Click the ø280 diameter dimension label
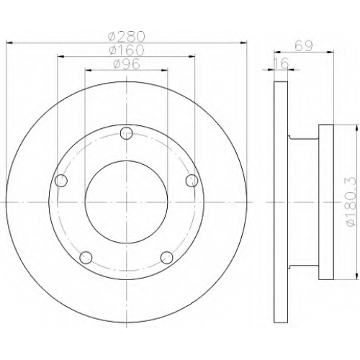[127, 36]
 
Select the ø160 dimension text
[127, 50]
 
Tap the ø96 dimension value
[127, 64]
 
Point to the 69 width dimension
[304, 45]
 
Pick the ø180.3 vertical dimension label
[351, 202]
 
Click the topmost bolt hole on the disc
[126, 133]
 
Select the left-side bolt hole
[61, 181]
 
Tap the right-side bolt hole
[192, 181]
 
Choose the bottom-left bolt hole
[86, 258]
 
